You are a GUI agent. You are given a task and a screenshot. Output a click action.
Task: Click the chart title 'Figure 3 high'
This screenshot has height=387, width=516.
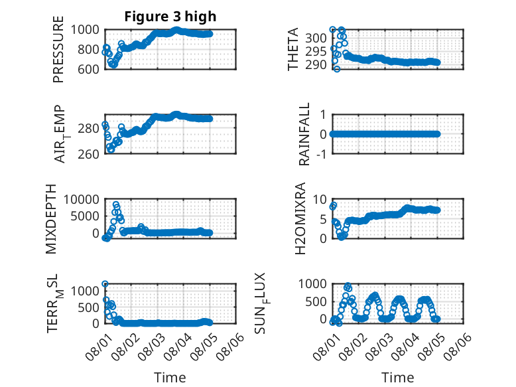coord(170,17)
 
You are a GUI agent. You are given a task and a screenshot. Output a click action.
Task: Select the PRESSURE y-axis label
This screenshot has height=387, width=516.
coord(58,49)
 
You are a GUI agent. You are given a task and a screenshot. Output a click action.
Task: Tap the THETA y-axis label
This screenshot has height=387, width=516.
coord(292,49)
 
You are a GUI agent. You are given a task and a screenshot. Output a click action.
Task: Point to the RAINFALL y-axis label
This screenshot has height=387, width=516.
coord(304,134)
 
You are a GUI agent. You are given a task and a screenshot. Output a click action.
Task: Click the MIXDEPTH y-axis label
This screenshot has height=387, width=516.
coord(51,219)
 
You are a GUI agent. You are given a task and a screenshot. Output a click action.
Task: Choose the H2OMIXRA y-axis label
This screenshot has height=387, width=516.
coord(300,218)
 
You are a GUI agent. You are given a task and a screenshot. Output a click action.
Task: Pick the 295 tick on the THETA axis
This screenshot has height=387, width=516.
coord(316,51)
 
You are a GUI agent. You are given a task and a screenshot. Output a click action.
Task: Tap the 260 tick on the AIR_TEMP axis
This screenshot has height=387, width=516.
coord(88,154)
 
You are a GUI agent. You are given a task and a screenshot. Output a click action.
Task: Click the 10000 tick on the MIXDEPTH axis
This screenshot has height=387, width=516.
coord(82,199)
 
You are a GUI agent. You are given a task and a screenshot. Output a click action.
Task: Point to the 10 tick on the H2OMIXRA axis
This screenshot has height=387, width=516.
coord(320,199)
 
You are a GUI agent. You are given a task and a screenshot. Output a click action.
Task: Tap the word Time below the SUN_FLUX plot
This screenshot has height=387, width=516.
coord(397,378)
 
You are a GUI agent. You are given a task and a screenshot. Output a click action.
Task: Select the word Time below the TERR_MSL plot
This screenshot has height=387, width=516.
coord(170,378)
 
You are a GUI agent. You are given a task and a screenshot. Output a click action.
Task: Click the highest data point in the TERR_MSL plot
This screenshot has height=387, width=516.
coord(105,283)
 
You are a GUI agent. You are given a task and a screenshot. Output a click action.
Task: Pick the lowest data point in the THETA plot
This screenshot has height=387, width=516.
coord(337,69)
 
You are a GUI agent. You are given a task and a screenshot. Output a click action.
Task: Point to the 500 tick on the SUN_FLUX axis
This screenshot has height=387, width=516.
coord(316,301)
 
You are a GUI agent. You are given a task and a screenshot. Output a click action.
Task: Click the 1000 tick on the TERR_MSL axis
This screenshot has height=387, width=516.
coord(85,291)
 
